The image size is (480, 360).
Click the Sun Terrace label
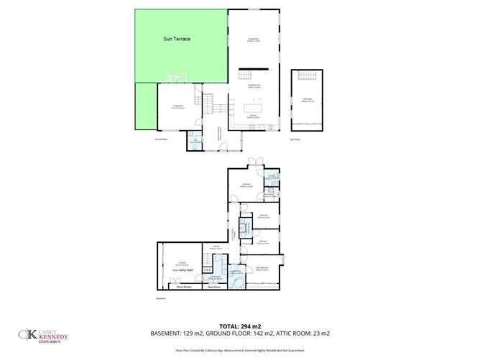tap(177, 38)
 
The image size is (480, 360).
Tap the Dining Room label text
tap(254, 39)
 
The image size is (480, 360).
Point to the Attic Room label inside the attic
tap(306, 101)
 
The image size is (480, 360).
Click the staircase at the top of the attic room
tap(307, 77)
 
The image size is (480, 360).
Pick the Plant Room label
tap(213, 287)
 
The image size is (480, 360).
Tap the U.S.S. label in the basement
tap(207, 270)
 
